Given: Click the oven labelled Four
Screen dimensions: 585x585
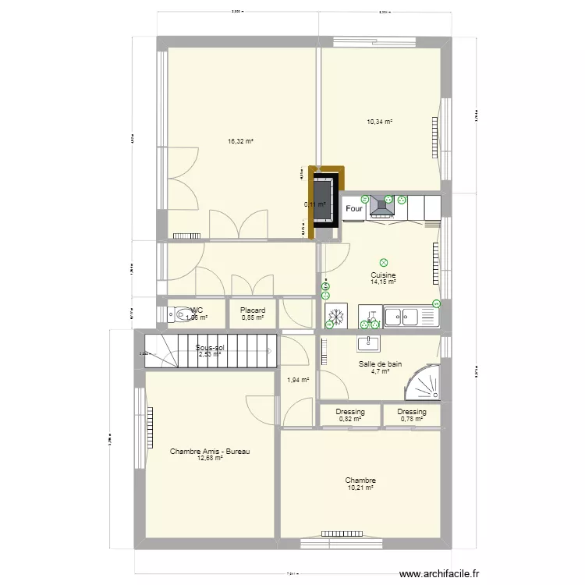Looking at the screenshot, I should (x=354, y=209).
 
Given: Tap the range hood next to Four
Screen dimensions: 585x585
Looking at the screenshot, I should (x=381, y=205).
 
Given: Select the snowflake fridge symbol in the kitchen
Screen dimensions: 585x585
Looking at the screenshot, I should (x=337, y=317).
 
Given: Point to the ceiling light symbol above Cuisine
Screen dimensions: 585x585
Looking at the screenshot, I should (x=383, y=263).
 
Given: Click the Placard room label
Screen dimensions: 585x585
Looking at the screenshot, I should (x=253, y=310).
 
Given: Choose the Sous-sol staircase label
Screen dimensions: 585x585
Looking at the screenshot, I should (x=210, y=348).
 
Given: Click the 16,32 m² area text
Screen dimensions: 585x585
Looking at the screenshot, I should (x=240, y=142).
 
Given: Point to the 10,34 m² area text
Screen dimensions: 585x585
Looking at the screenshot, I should (x=379, y=122).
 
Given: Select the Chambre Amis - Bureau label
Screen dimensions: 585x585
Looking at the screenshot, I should (x=210, y=452).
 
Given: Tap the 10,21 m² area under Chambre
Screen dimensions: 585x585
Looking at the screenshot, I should (x=361, y=488).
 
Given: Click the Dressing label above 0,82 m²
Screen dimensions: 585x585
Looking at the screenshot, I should (x=350, y=412).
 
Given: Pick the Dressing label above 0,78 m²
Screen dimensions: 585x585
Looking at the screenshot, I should (x=411, y=412).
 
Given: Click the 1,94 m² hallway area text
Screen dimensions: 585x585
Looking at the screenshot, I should (x=298, y=381).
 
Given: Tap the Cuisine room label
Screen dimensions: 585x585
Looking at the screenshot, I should (x=383, y=275).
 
